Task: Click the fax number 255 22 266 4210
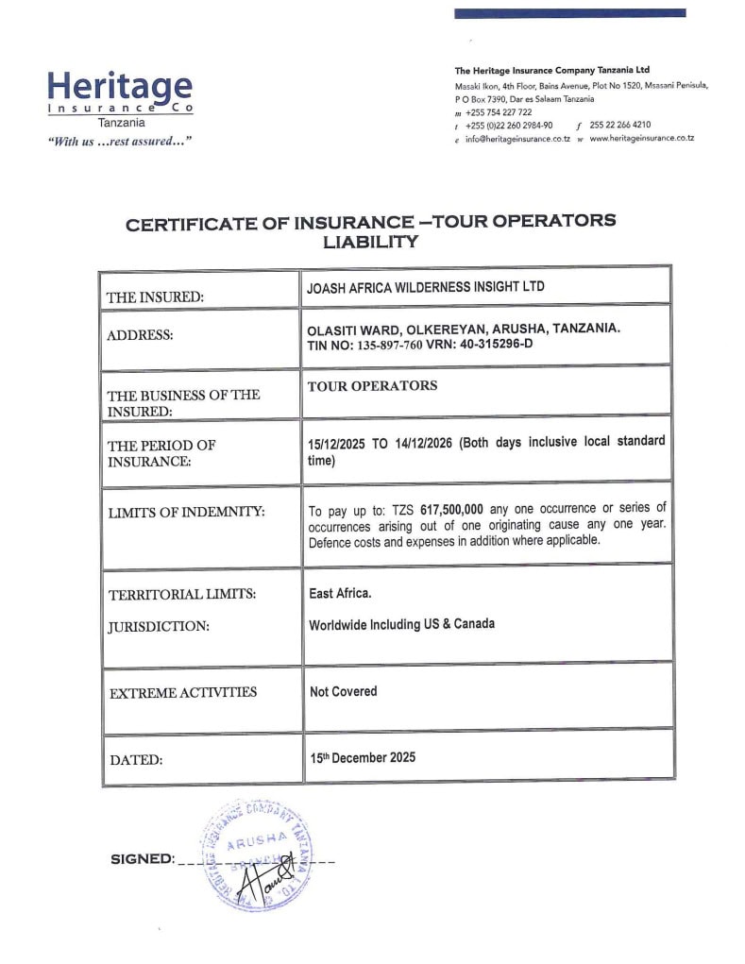tap(619, 125)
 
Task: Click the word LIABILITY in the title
tap(370, 242)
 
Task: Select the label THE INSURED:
tap(155, 296)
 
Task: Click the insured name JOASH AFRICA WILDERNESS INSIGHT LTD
tap(426, 286)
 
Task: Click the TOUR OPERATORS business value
tap(372, 385)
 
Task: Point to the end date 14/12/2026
tap(422, 442)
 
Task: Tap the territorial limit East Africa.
tap(340, 593)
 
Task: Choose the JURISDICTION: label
tap(159, 625)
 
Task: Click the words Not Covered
tap(343, 691)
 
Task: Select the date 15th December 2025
tap(363, 757)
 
